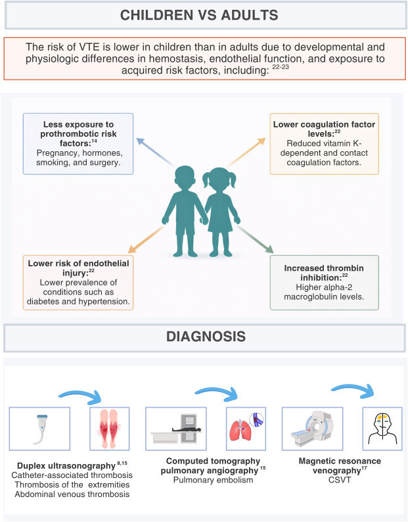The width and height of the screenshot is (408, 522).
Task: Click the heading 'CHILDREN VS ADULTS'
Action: pos(199,15)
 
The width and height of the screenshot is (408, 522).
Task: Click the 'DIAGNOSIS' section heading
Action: pos(206,337)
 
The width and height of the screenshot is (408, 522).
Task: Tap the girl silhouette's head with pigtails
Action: pos(219,179)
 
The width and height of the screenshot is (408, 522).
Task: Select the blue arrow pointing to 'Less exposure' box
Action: pos(156,152)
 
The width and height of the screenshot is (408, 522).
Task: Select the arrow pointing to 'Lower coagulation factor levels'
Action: pos(247,152)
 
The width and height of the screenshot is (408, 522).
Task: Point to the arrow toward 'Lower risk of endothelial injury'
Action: pos(147,239)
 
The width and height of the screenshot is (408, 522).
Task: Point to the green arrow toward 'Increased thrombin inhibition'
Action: pos(255,239)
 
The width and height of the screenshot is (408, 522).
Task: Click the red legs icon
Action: pos(110,429)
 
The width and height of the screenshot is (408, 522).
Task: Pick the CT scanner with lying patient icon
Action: pos(175,429)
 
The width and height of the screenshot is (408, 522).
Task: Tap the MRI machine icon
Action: pos(312,428)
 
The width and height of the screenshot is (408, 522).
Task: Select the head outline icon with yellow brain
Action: pos(382,429)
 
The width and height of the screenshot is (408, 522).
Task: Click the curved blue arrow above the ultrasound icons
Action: pos(81,394)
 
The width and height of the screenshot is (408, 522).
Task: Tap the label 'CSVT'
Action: pos(340,480)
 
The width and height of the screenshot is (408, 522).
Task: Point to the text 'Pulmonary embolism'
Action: pos(213,480)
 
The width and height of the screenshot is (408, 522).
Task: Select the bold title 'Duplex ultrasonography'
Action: pos(66,465)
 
